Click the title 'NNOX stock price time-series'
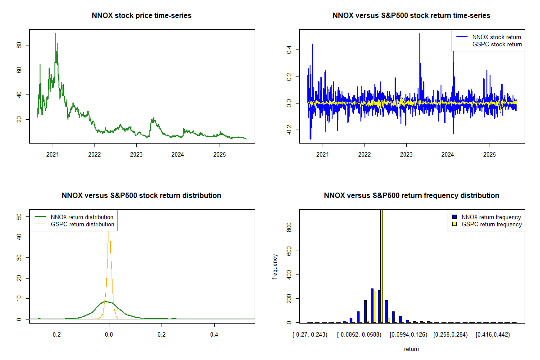pos(141,16)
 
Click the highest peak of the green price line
pos(56,34)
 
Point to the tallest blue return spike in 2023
pos(420,34)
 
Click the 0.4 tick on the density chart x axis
pos(214,335)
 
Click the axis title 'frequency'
pos(275,267)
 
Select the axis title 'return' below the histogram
pos(411,349)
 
